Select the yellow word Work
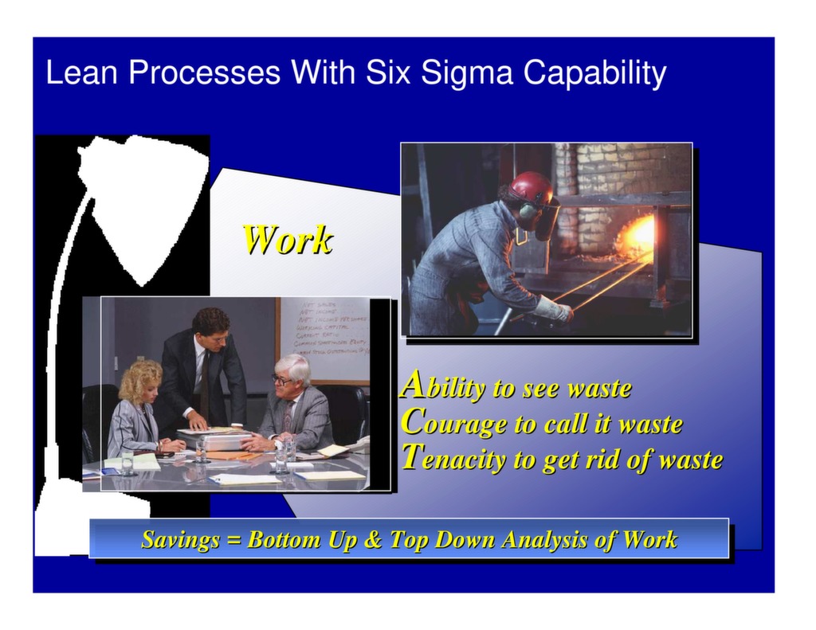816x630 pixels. (x=287, y=240)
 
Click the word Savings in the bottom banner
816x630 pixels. (x=180, y=540)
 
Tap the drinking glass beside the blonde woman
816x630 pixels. (x=127, y=463)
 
